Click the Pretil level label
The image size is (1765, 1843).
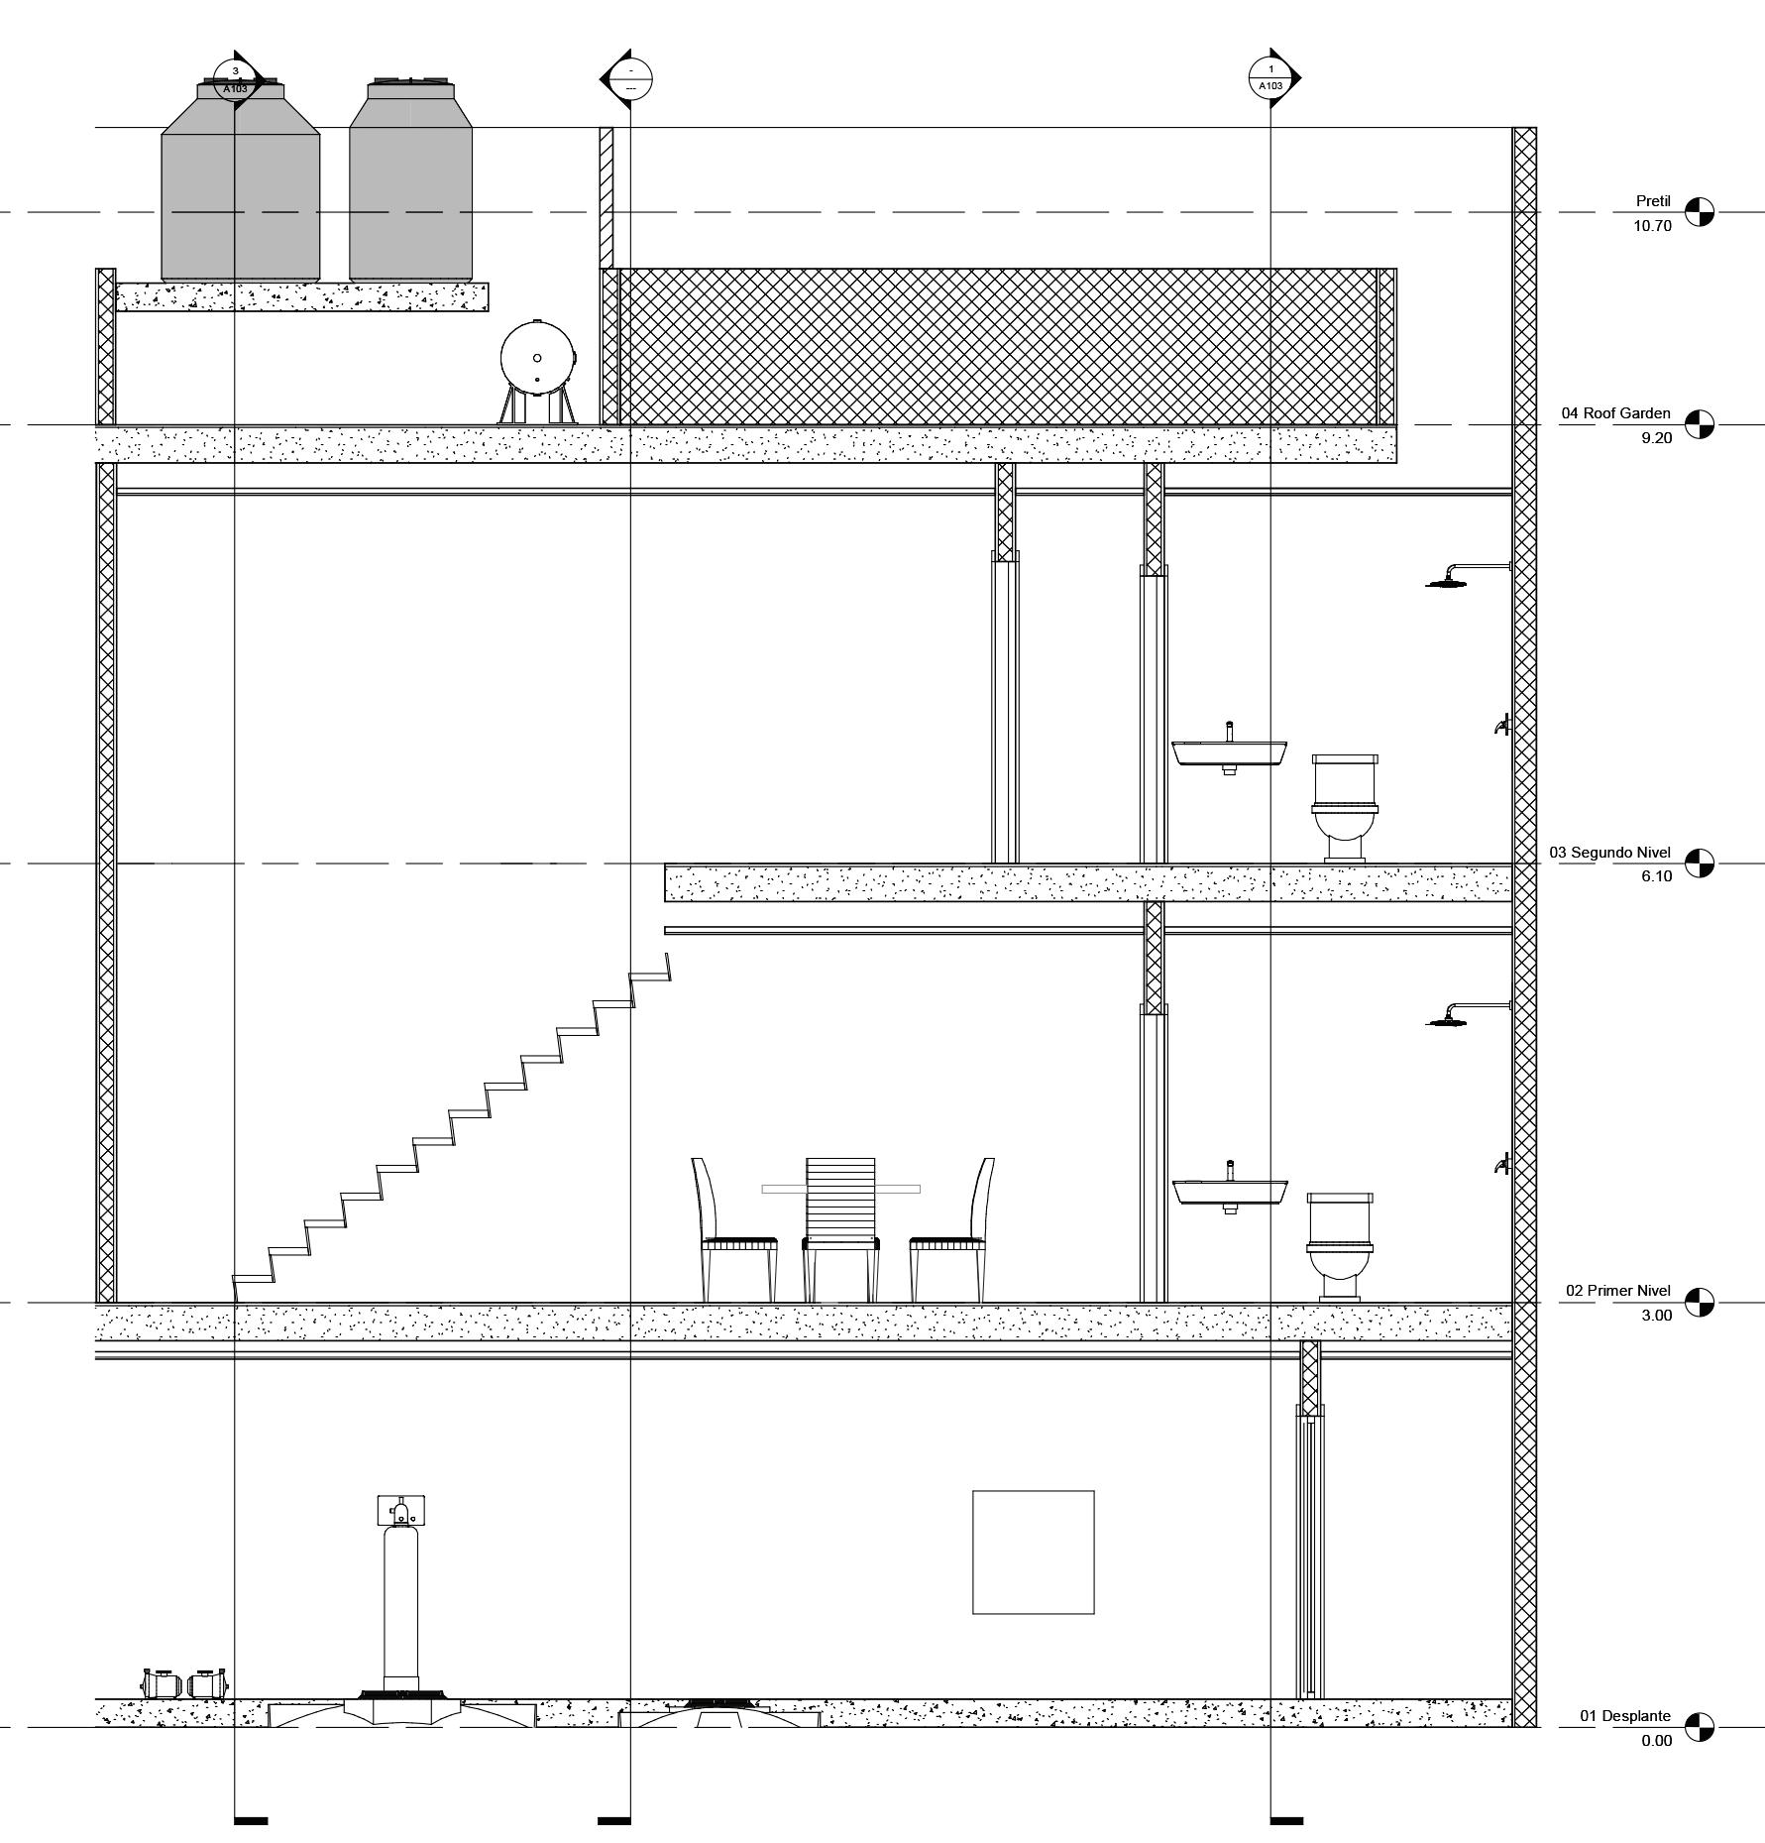coord(1653,201)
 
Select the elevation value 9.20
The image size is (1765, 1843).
coord(1656,438)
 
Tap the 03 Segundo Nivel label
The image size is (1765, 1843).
coord(1609,853)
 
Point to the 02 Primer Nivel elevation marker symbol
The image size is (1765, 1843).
coord(1700,1303)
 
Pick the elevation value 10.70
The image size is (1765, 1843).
coord(1652,226)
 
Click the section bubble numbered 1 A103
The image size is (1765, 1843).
coord(1270,77)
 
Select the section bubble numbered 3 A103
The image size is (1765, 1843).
coord(236,78)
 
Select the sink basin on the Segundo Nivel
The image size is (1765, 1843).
coord(1230,752)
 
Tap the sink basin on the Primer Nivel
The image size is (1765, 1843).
coord(1230,1192)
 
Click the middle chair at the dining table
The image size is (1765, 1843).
coord(840,1229)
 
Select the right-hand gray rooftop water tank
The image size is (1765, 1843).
coord(410,183)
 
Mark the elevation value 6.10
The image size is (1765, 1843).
coord(1656,876)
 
